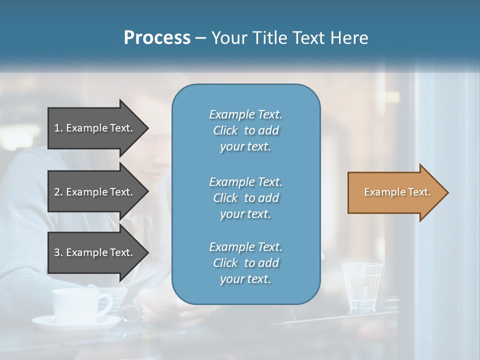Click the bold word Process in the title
click(x=157, y=38)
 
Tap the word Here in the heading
click(x=349, y=38)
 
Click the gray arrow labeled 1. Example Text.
click(x=95, y=128)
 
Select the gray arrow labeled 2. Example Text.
click(x=95, y=192)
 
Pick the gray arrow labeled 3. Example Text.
click(x=95, y=252)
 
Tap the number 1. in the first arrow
click(x=58, y=128)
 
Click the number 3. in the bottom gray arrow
click(x=58, y=252)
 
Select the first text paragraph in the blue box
click(x=245, y=130)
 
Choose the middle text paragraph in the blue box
click(x=245, y=198)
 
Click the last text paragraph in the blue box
click(x=245, y=263)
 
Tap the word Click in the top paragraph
click(x=225, y=130)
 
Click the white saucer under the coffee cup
click(x=75, y=323)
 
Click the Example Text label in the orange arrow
click(x=397, y=192)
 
